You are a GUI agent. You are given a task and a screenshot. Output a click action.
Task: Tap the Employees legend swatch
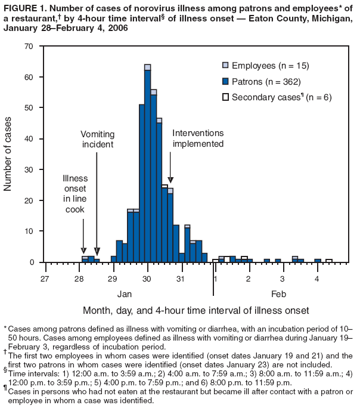(x=225, y=65)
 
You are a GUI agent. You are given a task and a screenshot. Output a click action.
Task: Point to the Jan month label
(x=125, y=293)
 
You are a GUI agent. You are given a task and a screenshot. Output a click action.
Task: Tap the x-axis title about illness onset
(x=196, y=311)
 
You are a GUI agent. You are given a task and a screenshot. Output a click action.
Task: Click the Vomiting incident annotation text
(x=97, y=140)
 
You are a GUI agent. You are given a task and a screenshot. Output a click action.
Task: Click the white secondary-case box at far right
(x=329, y=261)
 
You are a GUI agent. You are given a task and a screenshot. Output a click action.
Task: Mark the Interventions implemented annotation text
(x=198, y=138)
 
